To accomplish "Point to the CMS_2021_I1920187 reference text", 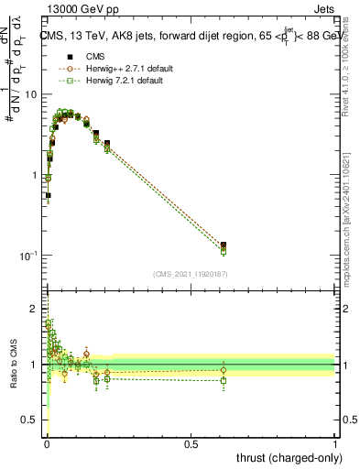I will pyautogui.click(x=190, y=273).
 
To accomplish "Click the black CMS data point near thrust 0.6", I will pyautogui.click(x=224, y=245).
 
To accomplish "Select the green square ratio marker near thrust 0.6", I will pyautogui.click(x=224, y=380).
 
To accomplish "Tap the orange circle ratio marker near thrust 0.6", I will pyautogui.click(x=224, y=370).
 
